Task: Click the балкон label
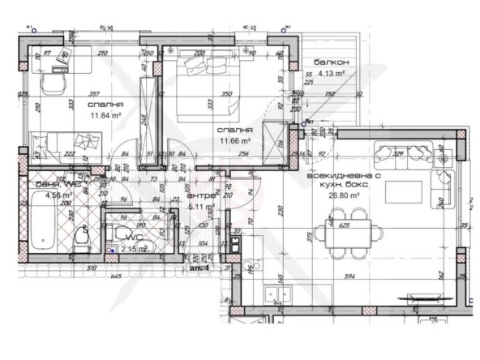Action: coord(332,62)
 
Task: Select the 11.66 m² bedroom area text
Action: coord(234,140)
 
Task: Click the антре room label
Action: coord(199,195)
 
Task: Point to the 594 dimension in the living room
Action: coord(350,277)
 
